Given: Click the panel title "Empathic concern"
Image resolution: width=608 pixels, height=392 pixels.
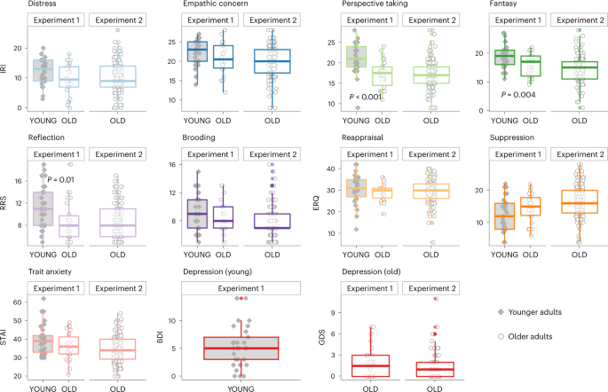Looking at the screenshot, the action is point(216,4).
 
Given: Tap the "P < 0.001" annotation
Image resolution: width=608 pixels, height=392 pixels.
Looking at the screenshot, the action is point(366,97).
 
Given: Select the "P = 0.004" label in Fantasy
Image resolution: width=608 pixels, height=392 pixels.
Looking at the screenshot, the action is point(518,95).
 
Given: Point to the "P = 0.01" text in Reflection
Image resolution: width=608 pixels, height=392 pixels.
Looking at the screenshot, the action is point(60,180).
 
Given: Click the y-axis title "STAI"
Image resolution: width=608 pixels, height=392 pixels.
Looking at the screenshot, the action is point(4,337).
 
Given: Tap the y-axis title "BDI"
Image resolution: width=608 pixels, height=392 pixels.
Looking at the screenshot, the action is point(160,337).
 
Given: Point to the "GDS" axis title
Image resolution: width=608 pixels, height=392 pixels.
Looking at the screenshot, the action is point(321,337).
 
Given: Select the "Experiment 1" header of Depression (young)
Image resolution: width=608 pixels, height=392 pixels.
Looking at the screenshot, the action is point(241,288).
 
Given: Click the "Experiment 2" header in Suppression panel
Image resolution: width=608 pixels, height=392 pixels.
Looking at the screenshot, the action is point(580,154).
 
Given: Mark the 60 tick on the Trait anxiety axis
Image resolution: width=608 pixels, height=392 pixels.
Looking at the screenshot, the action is point(18,302).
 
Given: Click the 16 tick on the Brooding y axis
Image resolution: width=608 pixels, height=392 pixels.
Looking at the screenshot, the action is point(172,165).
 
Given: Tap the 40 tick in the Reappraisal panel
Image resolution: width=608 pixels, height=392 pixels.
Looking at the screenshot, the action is point(331,169).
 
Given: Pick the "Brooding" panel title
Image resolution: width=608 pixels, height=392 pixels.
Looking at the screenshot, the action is point(199,137).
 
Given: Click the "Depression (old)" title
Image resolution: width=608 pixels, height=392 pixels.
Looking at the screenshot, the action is point(371,271).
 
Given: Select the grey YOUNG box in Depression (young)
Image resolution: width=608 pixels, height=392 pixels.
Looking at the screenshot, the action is point(241,349).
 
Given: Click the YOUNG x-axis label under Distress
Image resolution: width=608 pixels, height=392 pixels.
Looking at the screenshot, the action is point(43,121).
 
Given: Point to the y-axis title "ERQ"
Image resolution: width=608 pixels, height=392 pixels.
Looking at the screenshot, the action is point(316,203).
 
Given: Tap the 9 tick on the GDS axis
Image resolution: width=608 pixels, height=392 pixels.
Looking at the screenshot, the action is point(333,312).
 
